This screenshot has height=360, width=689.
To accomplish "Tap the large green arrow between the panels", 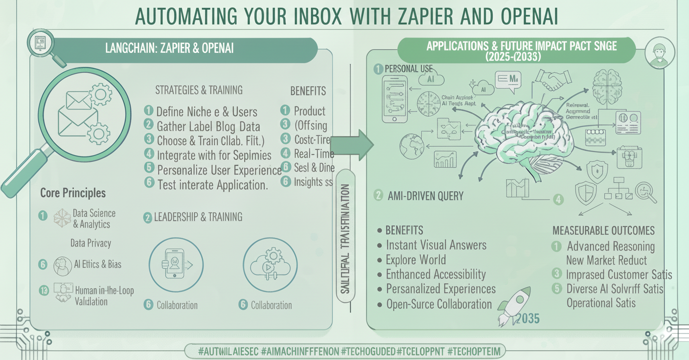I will click(x=354, y=145).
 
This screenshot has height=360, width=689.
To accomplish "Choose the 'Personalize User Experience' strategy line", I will click(x=219, y=170).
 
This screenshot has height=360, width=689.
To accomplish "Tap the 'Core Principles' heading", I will click(x=72, y=193).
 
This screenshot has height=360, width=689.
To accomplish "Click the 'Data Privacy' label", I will click(x=91, y=243).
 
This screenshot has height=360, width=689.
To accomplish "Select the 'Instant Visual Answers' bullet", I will click(x=436, y=245).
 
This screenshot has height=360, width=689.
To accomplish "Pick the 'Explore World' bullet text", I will click(x=416, y=260).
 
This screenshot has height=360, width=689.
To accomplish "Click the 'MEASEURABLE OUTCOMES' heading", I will click(x=603, y=230).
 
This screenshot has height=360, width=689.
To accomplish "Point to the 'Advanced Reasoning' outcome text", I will click(x=611, y=246).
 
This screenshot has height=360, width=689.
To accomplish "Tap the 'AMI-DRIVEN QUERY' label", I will click(x=425, y=196).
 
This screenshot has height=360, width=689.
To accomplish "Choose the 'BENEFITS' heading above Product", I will click(x=308, y=91).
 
